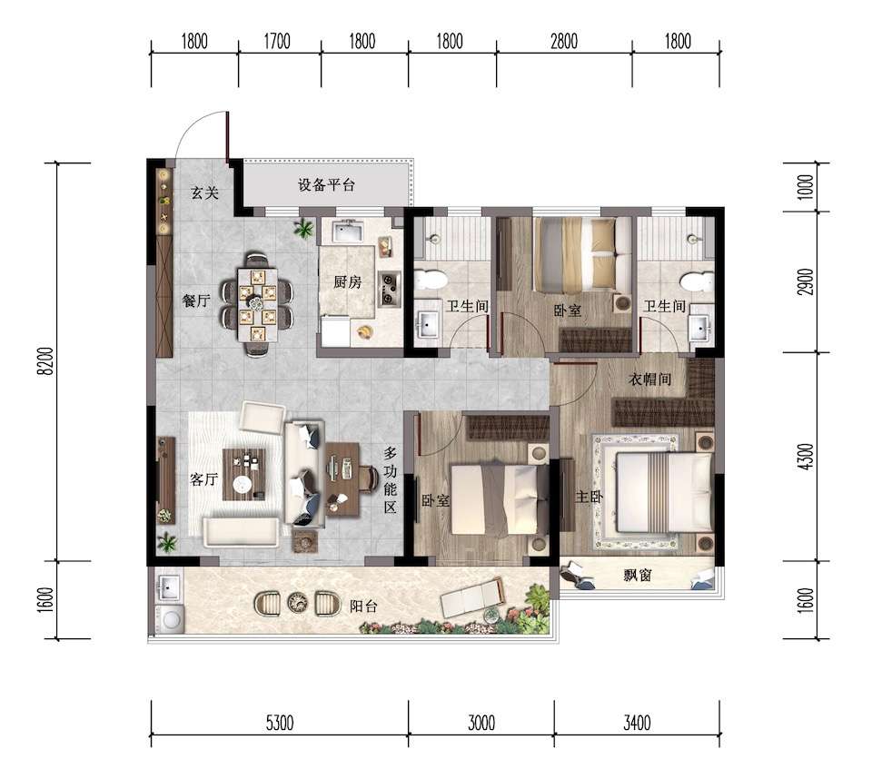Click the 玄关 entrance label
click(x=204, y=193)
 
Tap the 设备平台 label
click(x=326, y=185)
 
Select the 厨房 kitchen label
click(x=348, y=281)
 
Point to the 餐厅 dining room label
click(x=196, y=301)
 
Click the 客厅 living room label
click(x=203, y=478)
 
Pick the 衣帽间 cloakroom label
click(x=649, y=380)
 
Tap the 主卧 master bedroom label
click(x=589, y=496)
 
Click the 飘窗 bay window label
click(x=638, y=575)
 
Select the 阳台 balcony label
click(x=363, y=606)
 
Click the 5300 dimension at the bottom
click(x=279, y=723)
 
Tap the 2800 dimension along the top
click(x=564, y=41)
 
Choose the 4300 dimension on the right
click(x=806, y=457)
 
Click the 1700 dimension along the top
click(x=277, y=41)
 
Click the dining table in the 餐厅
click(x=257, y=305)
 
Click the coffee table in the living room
click(x=243, y=474)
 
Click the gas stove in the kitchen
click(x=390, y=288)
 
